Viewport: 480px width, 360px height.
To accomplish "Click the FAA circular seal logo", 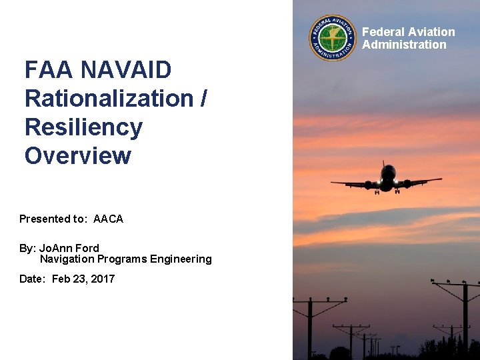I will point(333,38).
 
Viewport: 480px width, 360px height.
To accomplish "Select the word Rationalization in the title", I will point(108,98).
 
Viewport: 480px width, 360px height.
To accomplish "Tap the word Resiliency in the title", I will point(83,127).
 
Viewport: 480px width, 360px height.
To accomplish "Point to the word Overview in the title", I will point(78,155).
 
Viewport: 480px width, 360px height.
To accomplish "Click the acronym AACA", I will point(108,219).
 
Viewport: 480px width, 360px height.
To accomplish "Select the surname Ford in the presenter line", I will point(87,248).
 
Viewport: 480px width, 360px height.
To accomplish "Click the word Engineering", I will point(180,259).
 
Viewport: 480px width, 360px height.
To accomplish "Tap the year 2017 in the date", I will point(101,279).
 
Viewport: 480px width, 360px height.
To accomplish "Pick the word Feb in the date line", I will point(61,279).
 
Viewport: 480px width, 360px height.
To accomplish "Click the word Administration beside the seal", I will point(404,45).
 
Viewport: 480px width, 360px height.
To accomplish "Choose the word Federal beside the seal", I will point(383,32).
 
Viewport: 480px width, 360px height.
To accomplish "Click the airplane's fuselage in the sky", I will point(387,178).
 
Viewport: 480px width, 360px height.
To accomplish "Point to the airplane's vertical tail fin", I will point(385,164).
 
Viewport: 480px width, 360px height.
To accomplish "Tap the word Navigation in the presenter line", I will point(67,259).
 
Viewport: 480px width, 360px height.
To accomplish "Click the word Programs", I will point(122,259).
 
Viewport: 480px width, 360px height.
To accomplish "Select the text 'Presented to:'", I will point(53,219).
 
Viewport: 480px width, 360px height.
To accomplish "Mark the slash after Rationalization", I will point(203,99).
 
